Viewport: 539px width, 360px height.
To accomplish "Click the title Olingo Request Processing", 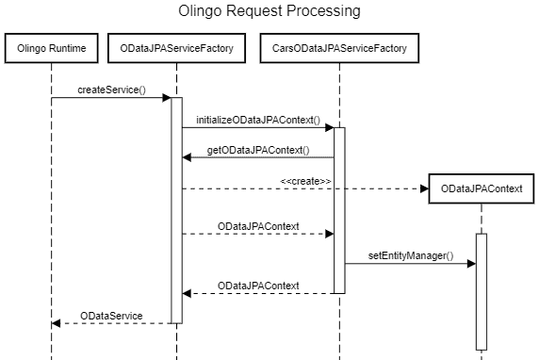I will (x=269, y=12).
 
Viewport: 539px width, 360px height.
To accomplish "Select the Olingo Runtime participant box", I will (x=51, y=48).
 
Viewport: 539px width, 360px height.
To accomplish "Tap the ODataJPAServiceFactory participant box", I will (x=176, y=48).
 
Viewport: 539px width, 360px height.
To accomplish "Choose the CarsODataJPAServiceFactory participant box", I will (x=339, y=48).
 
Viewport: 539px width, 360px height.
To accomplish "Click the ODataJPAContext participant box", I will (x=482, y=188).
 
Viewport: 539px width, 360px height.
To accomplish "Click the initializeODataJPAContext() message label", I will (x=257, y=121).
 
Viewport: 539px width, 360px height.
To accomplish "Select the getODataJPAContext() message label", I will (x=257, y=150).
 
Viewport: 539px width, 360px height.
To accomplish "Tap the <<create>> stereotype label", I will (x=304, y=180).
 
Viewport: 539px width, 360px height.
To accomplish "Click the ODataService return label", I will (x=111, y=315).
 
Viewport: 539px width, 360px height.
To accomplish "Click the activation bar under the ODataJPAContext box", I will (x=482, y=292).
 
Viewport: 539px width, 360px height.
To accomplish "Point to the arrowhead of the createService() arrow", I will (x=166, y=97).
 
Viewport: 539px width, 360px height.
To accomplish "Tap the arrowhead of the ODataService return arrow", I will (x=57, y=323).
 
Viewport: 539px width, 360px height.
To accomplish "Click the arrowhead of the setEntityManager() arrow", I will (x=471, y=264).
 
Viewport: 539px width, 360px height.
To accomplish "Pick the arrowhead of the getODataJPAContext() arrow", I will (x=187, y=158).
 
